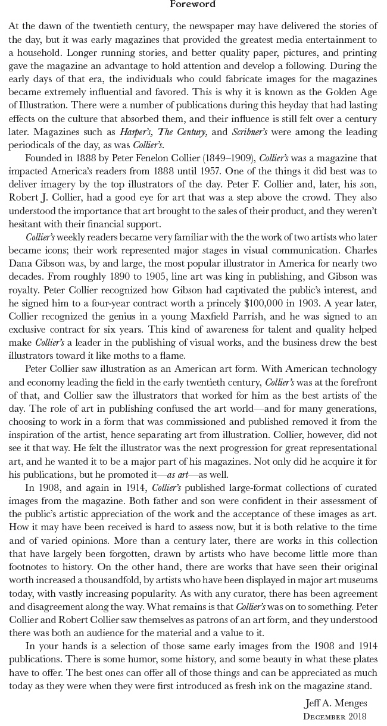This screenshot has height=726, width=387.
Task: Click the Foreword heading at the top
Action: [x=193, y=4]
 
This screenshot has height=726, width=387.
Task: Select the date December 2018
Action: [x=335, y=716]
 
